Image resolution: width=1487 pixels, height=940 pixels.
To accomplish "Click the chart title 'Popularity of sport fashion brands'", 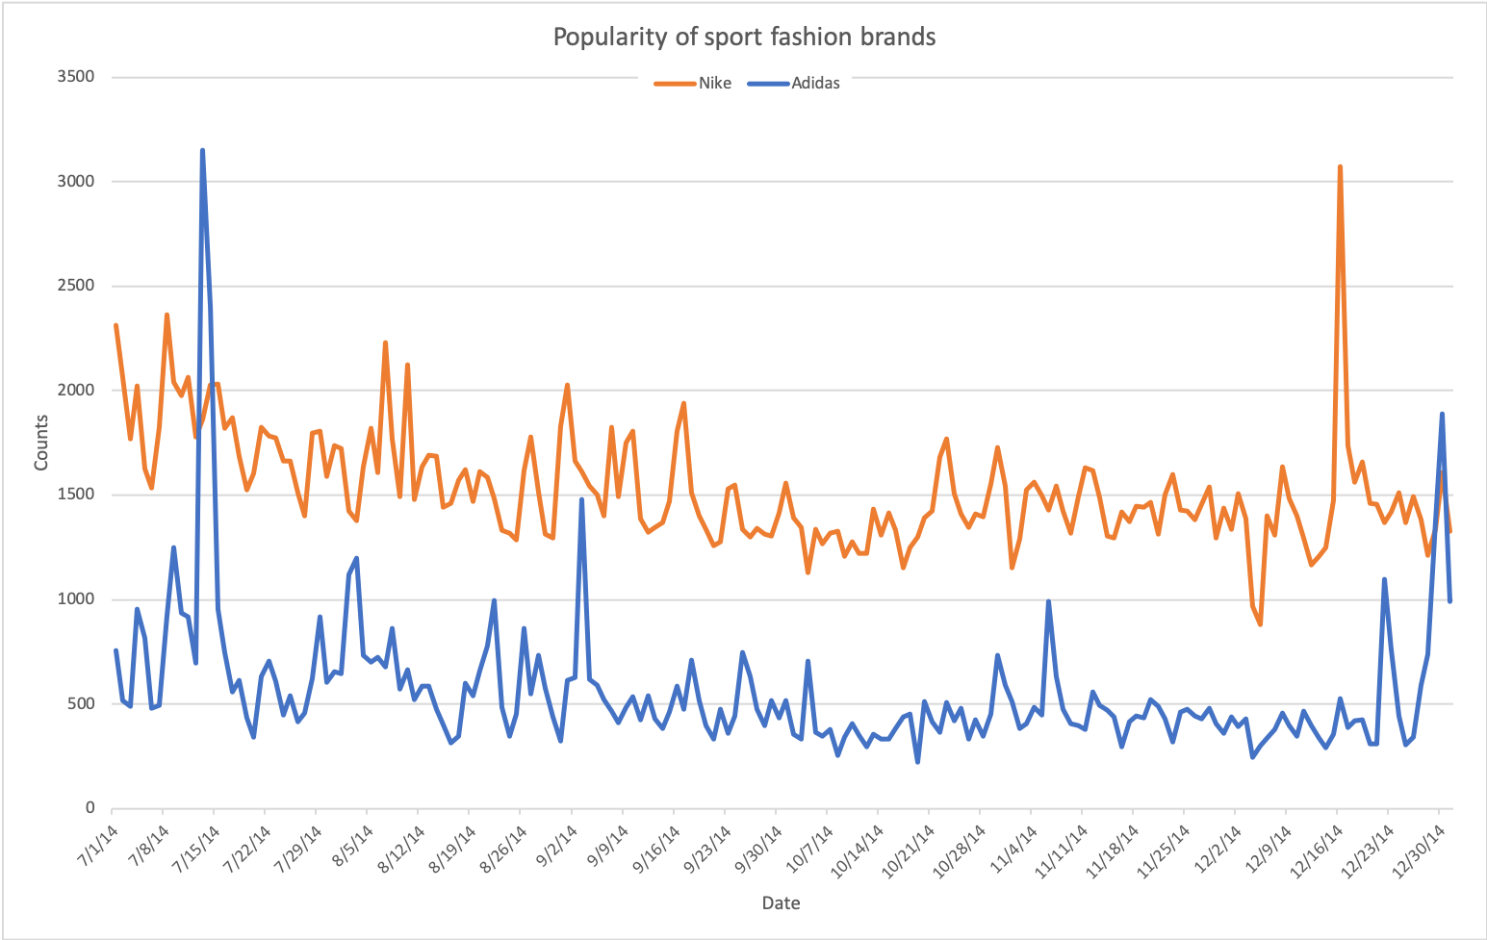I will pos(744,38).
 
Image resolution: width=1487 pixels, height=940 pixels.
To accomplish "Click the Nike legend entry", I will pos(714,84).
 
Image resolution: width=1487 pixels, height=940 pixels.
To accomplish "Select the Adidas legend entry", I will pos(814,84).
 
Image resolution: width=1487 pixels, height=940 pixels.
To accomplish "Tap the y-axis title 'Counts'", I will pos(41,443).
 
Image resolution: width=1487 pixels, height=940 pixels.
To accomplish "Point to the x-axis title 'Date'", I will pos(781,903).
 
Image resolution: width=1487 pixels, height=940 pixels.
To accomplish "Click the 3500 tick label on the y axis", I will pos(76,77).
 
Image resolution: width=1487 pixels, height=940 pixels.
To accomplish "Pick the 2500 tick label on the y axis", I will pos(76,286).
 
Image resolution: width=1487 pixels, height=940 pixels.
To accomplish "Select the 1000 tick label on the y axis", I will pos(76,599).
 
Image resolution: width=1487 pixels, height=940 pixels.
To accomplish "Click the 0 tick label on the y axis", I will pos(90,808).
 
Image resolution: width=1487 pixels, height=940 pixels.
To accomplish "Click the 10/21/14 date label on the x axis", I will pos(910,844).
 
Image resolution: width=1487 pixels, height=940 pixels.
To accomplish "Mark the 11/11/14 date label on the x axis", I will pos(1063,844).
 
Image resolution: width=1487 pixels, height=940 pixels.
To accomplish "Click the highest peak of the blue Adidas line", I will pos(202,150).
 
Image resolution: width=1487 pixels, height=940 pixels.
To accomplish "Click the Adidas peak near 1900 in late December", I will pos(1442,414).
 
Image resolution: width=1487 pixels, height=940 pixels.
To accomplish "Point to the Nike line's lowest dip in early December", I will pos(1260,624).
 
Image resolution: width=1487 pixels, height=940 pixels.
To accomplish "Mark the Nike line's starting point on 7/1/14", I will pos(115,325).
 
